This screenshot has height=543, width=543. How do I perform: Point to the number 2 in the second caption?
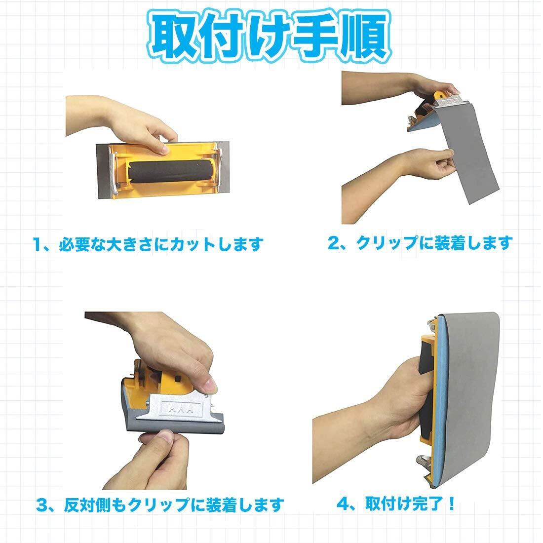tap(334, 243)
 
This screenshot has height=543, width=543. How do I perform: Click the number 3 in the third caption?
tap(42, 505)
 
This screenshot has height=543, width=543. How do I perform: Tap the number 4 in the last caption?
tap(344, 504)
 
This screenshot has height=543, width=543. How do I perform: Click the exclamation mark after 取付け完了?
tap(451, 504)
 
